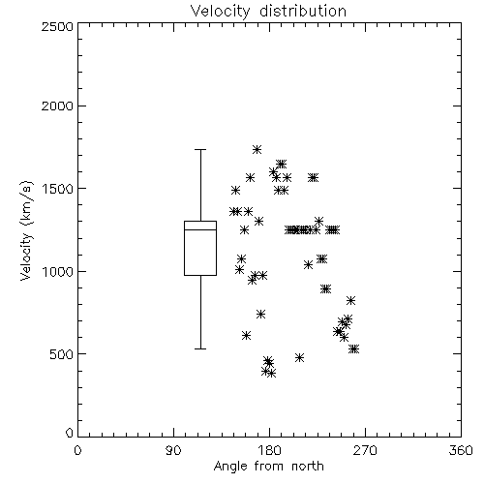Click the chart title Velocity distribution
pyautogui.click(x=268, y=12)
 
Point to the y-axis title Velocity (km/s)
pyautogui.click(x=26, y=230)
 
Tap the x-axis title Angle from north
pyautogui.click(x=268, y=467)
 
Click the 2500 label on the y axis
pyautogui.click(x=57, y=26)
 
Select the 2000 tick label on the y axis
pyautogui.click(x=57, y=106)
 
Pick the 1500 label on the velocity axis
pyautogui.click(x=58, y=189)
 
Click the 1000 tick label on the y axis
pyautogui.click(x=58, y=271)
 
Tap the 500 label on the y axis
pyautogui.click(x=62, y=354)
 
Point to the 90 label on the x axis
pyautogui.click(x=173, y=450)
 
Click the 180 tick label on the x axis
pyautogui.click(x=269, y=450)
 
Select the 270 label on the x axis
pyautogui.click(x=365, y=450)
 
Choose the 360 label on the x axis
pyautogui.click(x=461, y=450)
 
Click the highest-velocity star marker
pyautogui.click(x=257, y=149)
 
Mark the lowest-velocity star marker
pyautogui.click(x=271, y=374)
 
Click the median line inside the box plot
pyautogui.click(x=200, y=229)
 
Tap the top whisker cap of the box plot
pyautogui.click(x=200, y=150)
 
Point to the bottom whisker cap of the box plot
pyautogui.click(x=200, y=348)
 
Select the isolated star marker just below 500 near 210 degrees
pyautogui.click(x=299, y=357)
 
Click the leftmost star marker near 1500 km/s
pyautogui.click(x=236, y=190)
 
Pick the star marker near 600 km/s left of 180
pyautogui.click(x=246, y=336)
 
